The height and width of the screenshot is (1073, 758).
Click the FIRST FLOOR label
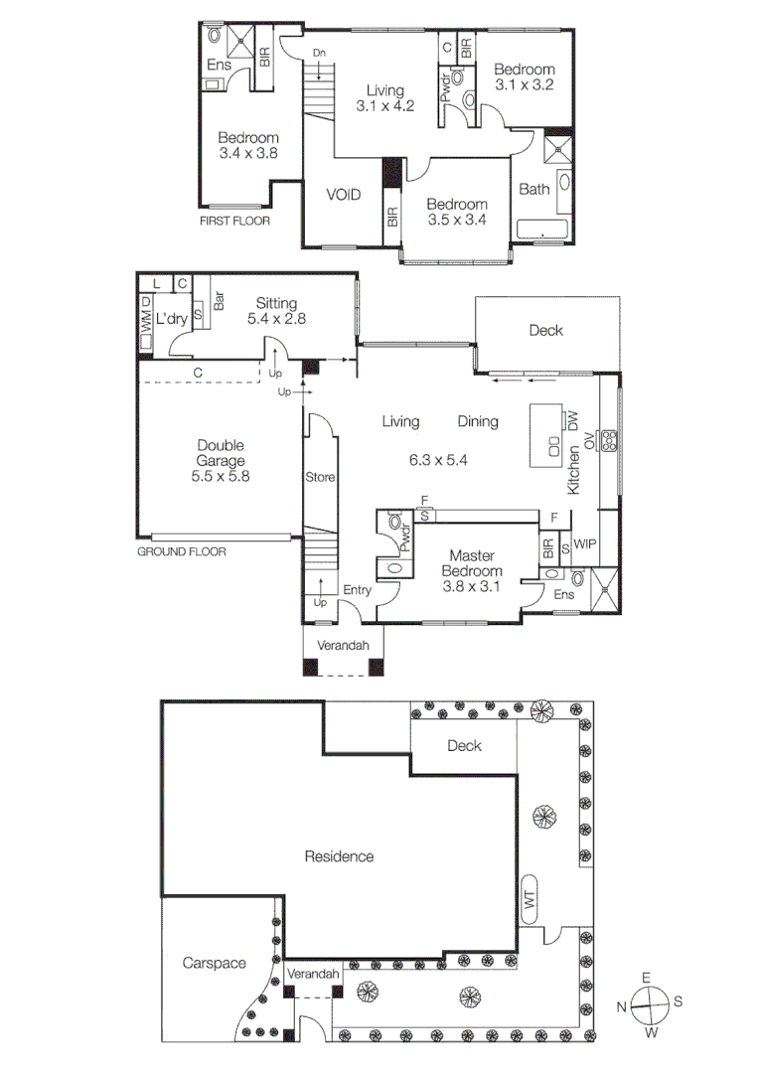point(234,221)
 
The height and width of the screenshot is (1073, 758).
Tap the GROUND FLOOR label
point(181,550)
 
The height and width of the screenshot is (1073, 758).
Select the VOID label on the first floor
point(343,195)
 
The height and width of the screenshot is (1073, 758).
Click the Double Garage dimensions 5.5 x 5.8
point(221,476)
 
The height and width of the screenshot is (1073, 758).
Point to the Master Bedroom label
point(473,555)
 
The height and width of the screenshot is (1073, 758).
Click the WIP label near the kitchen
point(585,546)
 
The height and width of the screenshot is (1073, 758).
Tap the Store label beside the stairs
point(320,477)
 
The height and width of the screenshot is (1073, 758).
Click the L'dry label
point(174,320)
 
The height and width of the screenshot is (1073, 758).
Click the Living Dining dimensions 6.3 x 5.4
point(438,460)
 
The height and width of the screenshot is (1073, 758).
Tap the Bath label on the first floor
point(533,190)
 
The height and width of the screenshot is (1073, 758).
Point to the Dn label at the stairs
point(319,52)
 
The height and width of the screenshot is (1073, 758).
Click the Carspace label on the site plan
point(213,963)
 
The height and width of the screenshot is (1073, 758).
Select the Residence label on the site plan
point(339,855)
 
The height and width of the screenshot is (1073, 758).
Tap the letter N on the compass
point(621,1006)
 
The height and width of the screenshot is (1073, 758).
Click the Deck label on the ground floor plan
point(545,330)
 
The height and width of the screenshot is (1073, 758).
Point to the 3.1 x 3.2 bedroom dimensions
point(524,85)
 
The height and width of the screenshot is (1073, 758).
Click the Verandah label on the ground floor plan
point(343,646)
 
